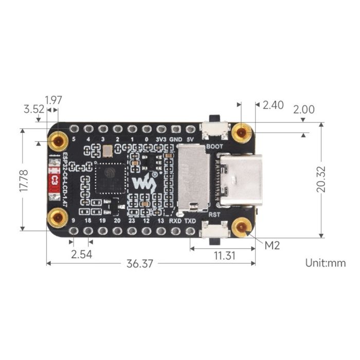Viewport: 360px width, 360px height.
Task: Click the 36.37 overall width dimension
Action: point(140,264)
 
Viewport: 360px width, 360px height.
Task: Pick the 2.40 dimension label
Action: point(273,105)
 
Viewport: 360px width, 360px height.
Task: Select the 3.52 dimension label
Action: point(34,109)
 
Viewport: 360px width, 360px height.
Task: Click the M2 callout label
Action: point(272,246)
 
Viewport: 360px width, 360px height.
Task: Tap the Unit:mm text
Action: point(325,263)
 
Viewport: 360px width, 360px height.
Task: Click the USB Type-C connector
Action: point(240,180)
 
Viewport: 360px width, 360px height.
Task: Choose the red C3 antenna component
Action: point(53,181)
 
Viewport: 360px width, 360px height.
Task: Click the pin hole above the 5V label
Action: point(190,129)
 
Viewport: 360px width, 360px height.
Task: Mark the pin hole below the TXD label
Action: point(190,231)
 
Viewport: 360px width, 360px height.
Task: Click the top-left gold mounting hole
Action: point(59,140)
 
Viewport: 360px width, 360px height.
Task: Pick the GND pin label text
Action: point(176,139)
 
